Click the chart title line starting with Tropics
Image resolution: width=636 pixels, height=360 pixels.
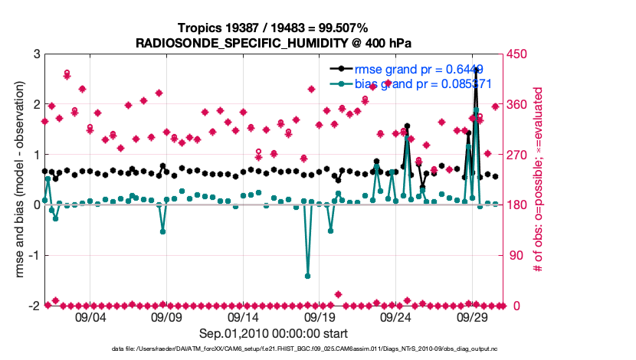[274, 28]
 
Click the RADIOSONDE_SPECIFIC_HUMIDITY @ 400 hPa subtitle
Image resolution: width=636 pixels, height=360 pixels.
[274, 43]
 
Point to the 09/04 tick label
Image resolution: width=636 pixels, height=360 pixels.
[90, 316]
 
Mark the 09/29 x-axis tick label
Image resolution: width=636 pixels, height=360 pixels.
[473, 316]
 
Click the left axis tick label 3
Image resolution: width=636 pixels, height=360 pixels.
[36, 54]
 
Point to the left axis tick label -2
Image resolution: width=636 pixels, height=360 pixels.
[34, 306]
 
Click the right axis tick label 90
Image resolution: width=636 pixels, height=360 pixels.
[511, 255]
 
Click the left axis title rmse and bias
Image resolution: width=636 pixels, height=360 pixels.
[16, 180]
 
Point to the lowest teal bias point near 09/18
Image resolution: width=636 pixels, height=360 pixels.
[308, 276]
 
